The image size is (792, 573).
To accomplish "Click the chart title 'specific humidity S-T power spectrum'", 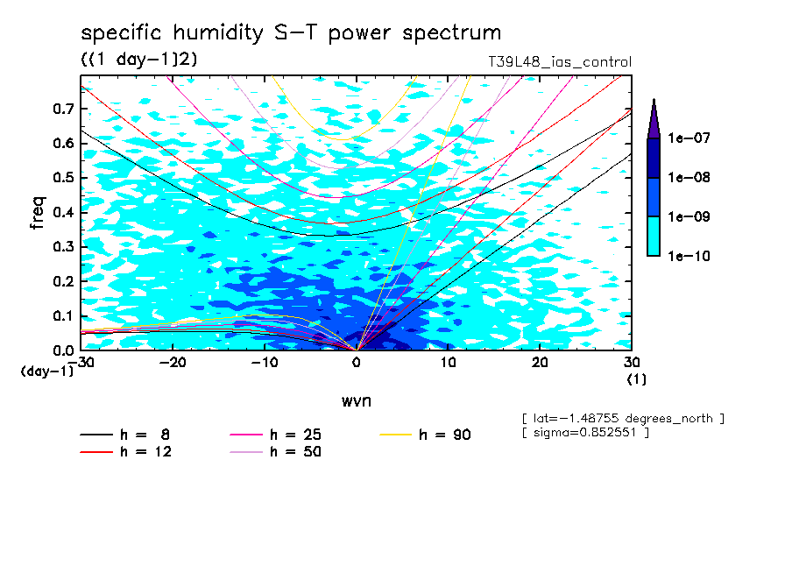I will coord(291,33).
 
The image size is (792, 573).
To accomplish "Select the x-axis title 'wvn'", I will coord(356,400).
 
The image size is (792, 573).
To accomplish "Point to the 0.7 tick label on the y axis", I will coord(63,109).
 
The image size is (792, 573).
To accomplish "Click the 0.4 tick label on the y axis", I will coord(63,212).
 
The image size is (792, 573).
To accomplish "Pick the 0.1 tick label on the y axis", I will coord(63,315).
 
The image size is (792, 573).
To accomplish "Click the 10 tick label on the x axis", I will coord(448,363).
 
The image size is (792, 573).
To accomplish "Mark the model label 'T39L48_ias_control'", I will coord(560,62).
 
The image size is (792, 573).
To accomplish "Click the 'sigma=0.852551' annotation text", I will coord(584,433).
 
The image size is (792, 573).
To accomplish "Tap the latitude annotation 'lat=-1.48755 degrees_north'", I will coord(622,418).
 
